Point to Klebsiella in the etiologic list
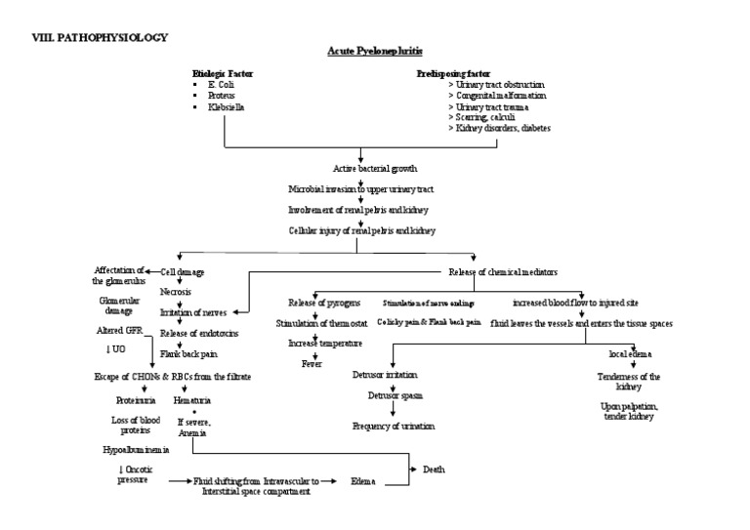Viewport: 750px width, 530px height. (x=226, y=106)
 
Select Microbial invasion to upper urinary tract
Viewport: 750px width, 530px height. (x=360, y=188)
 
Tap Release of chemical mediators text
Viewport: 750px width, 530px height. (x=503, y=270)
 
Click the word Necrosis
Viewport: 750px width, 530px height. (x=175, y=292)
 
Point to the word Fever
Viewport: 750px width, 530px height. (x=312, y=362)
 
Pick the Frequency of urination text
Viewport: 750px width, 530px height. (x=394, y=426)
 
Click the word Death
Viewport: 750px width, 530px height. (x=434, y=469)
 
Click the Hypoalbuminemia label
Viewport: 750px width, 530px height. (x=136, y=450)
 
